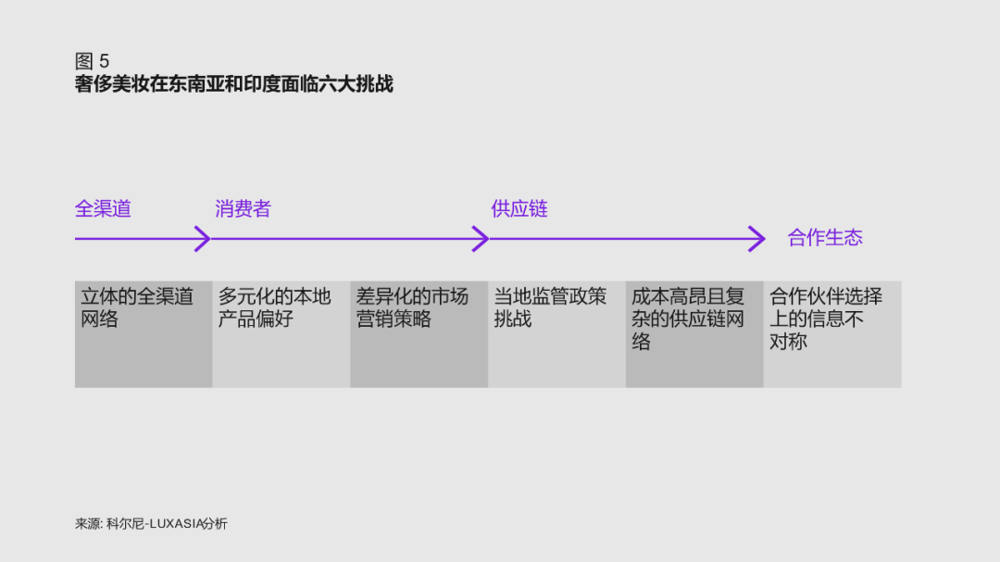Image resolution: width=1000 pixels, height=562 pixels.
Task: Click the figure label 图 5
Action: (92, 61)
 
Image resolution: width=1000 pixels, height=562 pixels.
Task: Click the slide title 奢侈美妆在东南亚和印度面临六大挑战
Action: (233, 84)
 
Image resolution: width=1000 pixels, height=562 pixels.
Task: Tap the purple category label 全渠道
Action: (103, 208)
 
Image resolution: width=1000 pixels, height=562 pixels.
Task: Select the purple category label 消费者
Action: (243, 208)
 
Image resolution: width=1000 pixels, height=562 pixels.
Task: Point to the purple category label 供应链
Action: (519, 208)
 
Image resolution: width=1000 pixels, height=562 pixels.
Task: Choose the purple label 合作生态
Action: (825, 238)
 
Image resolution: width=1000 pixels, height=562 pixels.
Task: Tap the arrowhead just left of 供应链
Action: (481, 239)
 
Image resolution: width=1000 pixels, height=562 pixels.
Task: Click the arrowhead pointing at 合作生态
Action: (757, 239)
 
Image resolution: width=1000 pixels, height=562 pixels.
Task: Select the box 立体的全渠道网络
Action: (144, 334)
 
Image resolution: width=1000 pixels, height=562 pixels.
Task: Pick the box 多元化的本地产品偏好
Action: (281, 334)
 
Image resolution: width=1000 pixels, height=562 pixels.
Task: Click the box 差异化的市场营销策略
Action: (419, 334)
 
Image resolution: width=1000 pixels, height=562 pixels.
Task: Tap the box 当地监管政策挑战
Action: (556, 334)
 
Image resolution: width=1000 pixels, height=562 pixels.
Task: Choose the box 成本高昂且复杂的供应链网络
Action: (694, 334)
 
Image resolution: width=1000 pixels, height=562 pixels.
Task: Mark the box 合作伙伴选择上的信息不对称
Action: (832, 334)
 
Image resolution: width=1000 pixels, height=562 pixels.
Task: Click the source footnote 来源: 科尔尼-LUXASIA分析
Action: (151, 524)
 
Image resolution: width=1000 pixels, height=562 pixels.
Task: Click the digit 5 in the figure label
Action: (104, 61)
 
